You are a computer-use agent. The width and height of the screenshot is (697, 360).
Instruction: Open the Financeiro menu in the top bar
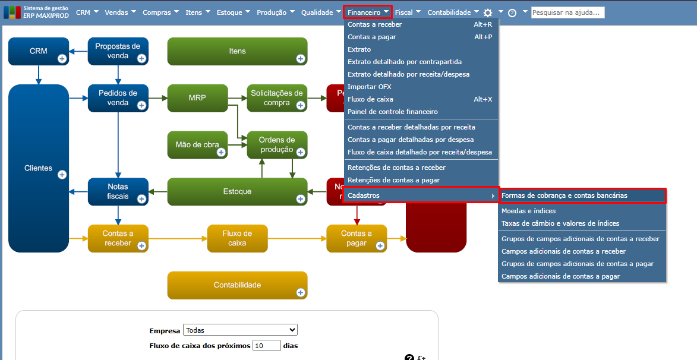pyautogui.click(x=368, y=12)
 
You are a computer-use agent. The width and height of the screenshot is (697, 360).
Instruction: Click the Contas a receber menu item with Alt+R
pyautogui.click(x=375, y=24)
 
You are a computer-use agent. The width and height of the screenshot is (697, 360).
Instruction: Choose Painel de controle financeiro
pyautogui.click(x=393, y=112)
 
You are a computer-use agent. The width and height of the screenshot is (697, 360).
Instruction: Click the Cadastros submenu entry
pyautogui.click(x=364, y=195)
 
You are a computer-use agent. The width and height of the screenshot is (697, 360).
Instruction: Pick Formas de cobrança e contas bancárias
pyautogui.click(x=564, y=195)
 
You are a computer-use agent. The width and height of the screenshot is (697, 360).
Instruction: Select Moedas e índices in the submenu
pyautogui.click(x=529, y=211)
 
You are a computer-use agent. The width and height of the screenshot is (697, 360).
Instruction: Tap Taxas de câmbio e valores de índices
pyautogui.click(x=560, y=223)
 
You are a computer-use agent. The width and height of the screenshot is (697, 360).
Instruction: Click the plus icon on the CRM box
pyautogui.click(x=62, y=58)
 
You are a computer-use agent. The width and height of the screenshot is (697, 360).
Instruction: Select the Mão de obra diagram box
pyautogui.click(x=197, y=145)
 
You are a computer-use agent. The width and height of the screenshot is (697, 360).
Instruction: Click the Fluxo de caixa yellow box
pyautogui.click(x=237, y=238)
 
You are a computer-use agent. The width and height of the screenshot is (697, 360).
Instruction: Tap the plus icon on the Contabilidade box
pyautogui.click(x=301, y=292)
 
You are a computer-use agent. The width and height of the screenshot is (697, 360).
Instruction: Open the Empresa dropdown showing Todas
pyautogui.click(x=240, y=330)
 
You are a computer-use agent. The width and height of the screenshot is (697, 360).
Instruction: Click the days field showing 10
pyautogui.click(x=266, y=346)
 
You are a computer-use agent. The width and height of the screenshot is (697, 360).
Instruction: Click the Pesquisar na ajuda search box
pyautogui.click(x=567, y=12)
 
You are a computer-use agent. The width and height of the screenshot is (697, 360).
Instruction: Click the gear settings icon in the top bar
pyautogui.click(x=488, y=12)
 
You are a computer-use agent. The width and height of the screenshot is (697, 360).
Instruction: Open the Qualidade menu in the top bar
pyautogui.click(x=317, y=12)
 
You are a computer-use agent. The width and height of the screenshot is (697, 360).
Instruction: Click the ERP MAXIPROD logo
pyautogui.click(x=36, y=12)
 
